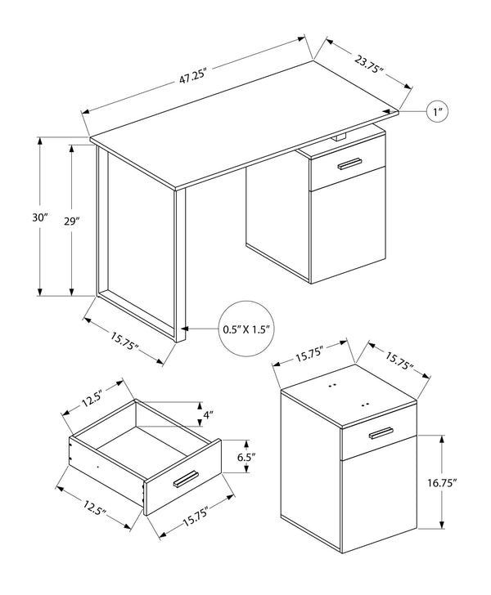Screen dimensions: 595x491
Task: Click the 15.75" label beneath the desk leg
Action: (x=124, y=338)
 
